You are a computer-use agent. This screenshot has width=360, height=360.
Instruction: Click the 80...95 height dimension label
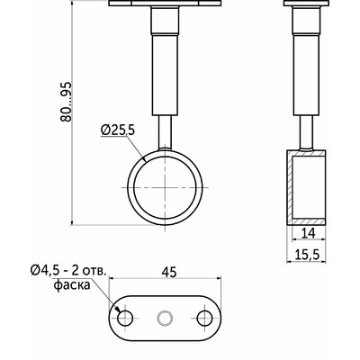pyautogui.click(x=66, y=102)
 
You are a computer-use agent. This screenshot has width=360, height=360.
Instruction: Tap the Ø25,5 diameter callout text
pyautogui.click(x=118, y=130)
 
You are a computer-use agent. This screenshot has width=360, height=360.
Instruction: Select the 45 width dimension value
pyautogui.click(x=169, y=272)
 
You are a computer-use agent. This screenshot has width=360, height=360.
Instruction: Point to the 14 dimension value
pyautogui.click(x=308, y=233)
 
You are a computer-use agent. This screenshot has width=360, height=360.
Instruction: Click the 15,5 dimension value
pyautogui.click(x=307, y=255)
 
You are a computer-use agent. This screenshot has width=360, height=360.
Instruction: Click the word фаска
pyautogui.click(x=72, y=285)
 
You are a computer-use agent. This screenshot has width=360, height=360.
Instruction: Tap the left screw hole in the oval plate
pyautogui.click(x=125, y=318)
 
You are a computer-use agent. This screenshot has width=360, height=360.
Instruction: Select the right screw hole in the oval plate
pyautogui.click(x=205, y=318)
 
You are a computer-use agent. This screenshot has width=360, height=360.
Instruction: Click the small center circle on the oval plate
pyautogui.click(x=166, y=318)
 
